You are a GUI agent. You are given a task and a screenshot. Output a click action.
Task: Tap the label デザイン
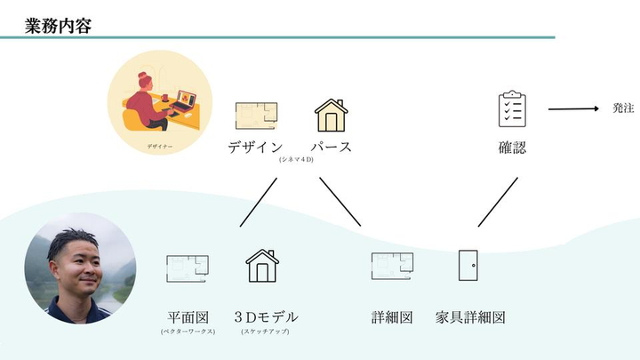pyautogui.click(x=255, y=147)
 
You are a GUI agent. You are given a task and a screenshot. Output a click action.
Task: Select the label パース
pyautogui.click(x=332, y=147)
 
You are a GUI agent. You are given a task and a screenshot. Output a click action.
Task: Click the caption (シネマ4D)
pyautogui.click(x=296, y=160)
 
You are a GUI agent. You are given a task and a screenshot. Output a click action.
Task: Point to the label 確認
pyautogui.click(x=512, y=147)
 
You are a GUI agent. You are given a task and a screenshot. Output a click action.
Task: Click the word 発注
pyautogui.click(x=623, y=108)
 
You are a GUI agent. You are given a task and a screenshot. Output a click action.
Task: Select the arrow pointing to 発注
pyautogui.click(x=573, y=109)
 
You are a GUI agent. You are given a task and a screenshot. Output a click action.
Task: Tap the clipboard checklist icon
pyautogui.click(x=512, y=109)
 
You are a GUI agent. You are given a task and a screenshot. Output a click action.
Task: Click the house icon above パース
pyautogui.click(x=332, y=115)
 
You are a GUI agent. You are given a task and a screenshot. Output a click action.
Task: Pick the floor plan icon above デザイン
pyautogui.click(x=256, y=115)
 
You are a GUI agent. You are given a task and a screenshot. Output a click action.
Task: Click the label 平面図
pyautogui.click(x=188, y=316)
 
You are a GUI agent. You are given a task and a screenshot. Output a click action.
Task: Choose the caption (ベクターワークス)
pyautogui.click(x=187, y=332)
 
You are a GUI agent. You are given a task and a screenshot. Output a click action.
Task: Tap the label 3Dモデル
pyautogui.click(x=266, y=316)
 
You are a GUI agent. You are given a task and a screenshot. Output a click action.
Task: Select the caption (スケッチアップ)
pyautogui.click(x=265, y=332)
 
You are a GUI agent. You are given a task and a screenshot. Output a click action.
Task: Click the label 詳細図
pyautogui.click(x=392, y=316)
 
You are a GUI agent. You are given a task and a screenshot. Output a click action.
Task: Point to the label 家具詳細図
pyautogui.click(x=470, y=316)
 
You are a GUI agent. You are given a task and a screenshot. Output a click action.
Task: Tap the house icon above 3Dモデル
pyautogui.click(x=262, y=266)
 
